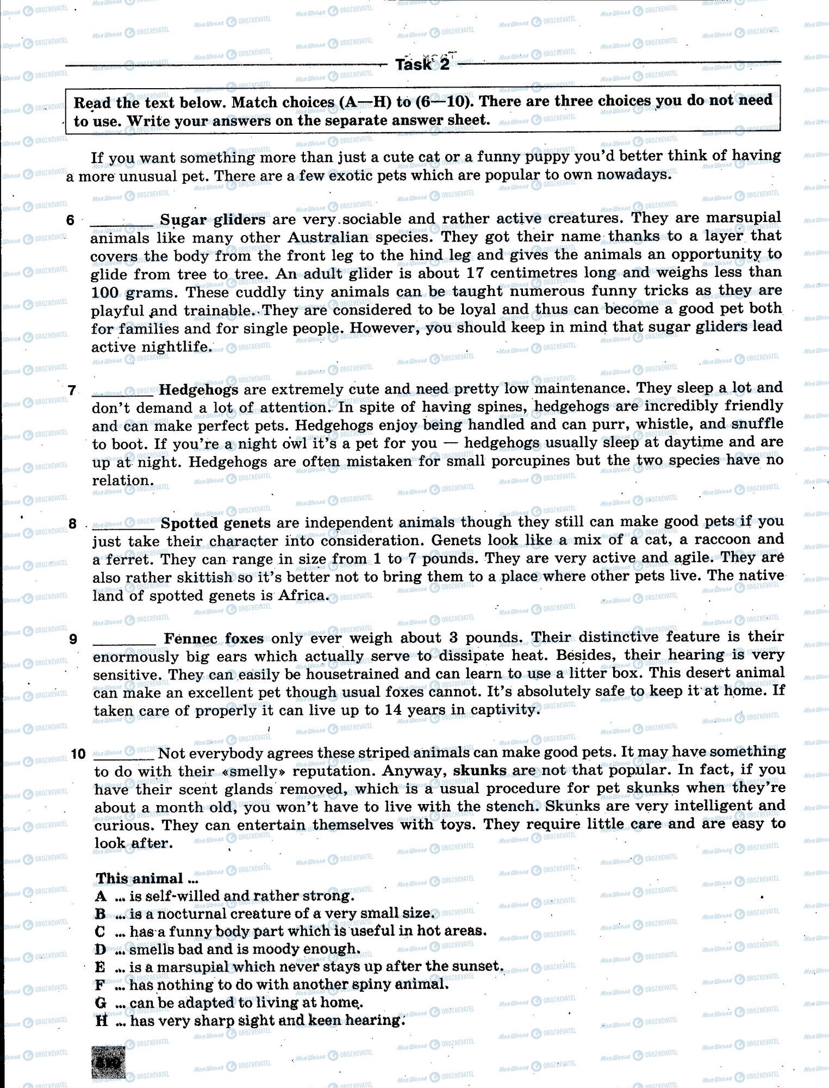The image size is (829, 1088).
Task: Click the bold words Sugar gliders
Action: [x=213, y=219]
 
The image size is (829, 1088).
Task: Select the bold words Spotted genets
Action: [x=216, y=523]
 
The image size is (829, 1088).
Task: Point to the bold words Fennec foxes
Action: [x=214, y=638]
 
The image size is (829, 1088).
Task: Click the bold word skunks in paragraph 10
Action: [x=479, y=770]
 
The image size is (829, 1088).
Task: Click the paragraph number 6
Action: [x=70, y=220]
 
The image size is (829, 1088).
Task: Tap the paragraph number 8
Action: [x=73, y=524]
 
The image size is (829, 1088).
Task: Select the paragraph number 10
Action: [x=78, y=754]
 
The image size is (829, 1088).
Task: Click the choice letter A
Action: [x=101, y=896]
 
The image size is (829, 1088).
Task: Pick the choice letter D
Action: [x=101, y=949]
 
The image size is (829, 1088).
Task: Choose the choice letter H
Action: [x=102, y=1021]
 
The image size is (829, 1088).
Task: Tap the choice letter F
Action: [x=100, y=985]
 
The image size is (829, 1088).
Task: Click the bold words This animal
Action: [x=140, y=879]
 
